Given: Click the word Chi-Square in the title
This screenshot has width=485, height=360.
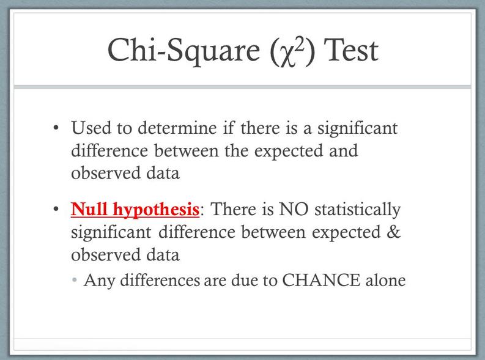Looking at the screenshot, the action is (x=183, y=50).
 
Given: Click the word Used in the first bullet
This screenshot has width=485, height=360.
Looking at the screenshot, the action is (x=91, y=128).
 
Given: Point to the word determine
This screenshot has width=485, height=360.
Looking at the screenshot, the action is (x=177, y=128).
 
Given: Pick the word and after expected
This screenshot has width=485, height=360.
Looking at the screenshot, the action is (x=343, y=150).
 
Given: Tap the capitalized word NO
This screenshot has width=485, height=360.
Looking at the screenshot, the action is (x=294, y=209).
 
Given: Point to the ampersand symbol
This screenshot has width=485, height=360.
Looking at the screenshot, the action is (x=393, y=232).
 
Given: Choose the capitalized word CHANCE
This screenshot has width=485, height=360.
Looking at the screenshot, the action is (x=321, y=281).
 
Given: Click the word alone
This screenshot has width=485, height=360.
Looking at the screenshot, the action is (x=385, y=281).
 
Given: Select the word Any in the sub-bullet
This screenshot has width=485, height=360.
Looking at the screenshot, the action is (x=99, y=281).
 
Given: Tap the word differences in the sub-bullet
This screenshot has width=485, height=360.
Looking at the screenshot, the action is (x=160, y=281).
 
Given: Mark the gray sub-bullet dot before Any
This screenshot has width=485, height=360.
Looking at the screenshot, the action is (x=74, y=281).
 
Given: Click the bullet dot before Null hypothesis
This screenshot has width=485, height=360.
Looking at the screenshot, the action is (x=56, y=209).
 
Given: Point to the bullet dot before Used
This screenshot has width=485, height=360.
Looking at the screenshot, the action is (x=56, y=128).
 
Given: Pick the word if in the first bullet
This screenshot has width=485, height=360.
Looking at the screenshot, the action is (x=229, y=128).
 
